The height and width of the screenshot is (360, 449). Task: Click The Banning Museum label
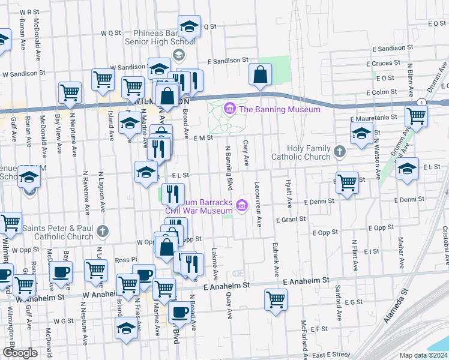(280, 109)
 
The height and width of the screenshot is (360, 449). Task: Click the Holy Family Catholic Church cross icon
(340, 151)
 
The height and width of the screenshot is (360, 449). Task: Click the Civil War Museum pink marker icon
(242, 205)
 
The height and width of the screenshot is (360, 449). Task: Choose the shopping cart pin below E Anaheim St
(276, 299)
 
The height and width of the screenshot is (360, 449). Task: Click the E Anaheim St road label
(306, 280)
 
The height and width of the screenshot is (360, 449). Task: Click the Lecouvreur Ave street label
(258, 205)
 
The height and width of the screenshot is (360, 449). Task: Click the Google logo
(20, 353)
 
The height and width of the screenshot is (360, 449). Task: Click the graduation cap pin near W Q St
(189, 27)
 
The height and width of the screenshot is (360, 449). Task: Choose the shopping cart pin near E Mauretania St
(416, 116)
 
